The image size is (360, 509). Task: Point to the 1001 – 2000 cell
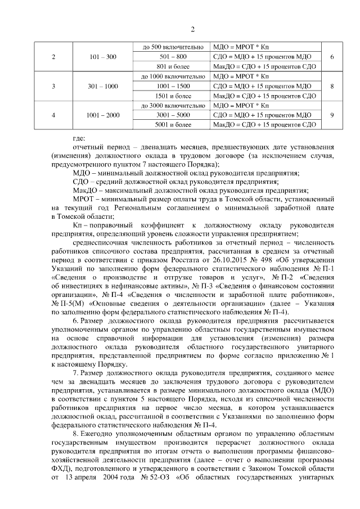click(x=103, y=115)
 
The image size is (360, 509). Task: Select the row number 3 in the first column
click(x=53, y=86)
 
